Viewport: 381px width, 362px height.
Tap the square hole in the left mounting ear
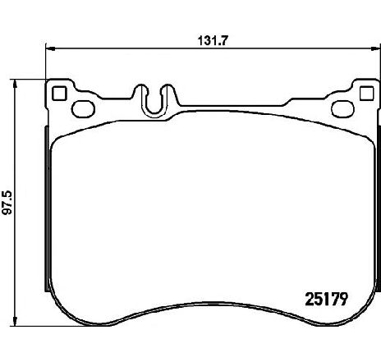58,93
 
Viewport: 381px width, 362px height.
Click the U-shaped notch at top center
155,99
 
